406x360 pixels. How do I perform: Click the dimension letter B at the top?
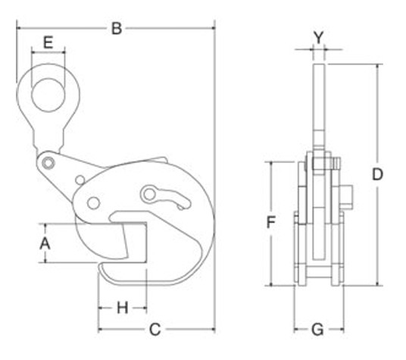[117, 29]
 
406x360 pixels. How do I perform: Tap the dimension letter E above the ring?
[48, 42]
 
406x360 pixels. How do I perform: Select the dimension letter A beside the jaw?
[45, 243]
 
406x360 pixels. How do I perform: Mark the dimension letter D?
[377, 174]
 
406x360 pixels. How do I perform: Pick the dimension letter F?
[269, 223]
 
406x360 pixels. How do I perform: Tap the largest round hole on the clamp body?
[94, 202]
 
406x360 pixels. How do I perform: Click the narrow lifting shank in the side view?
[317, 106]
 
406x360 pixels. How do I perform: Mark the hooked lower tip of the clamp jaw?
[106, 270]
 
